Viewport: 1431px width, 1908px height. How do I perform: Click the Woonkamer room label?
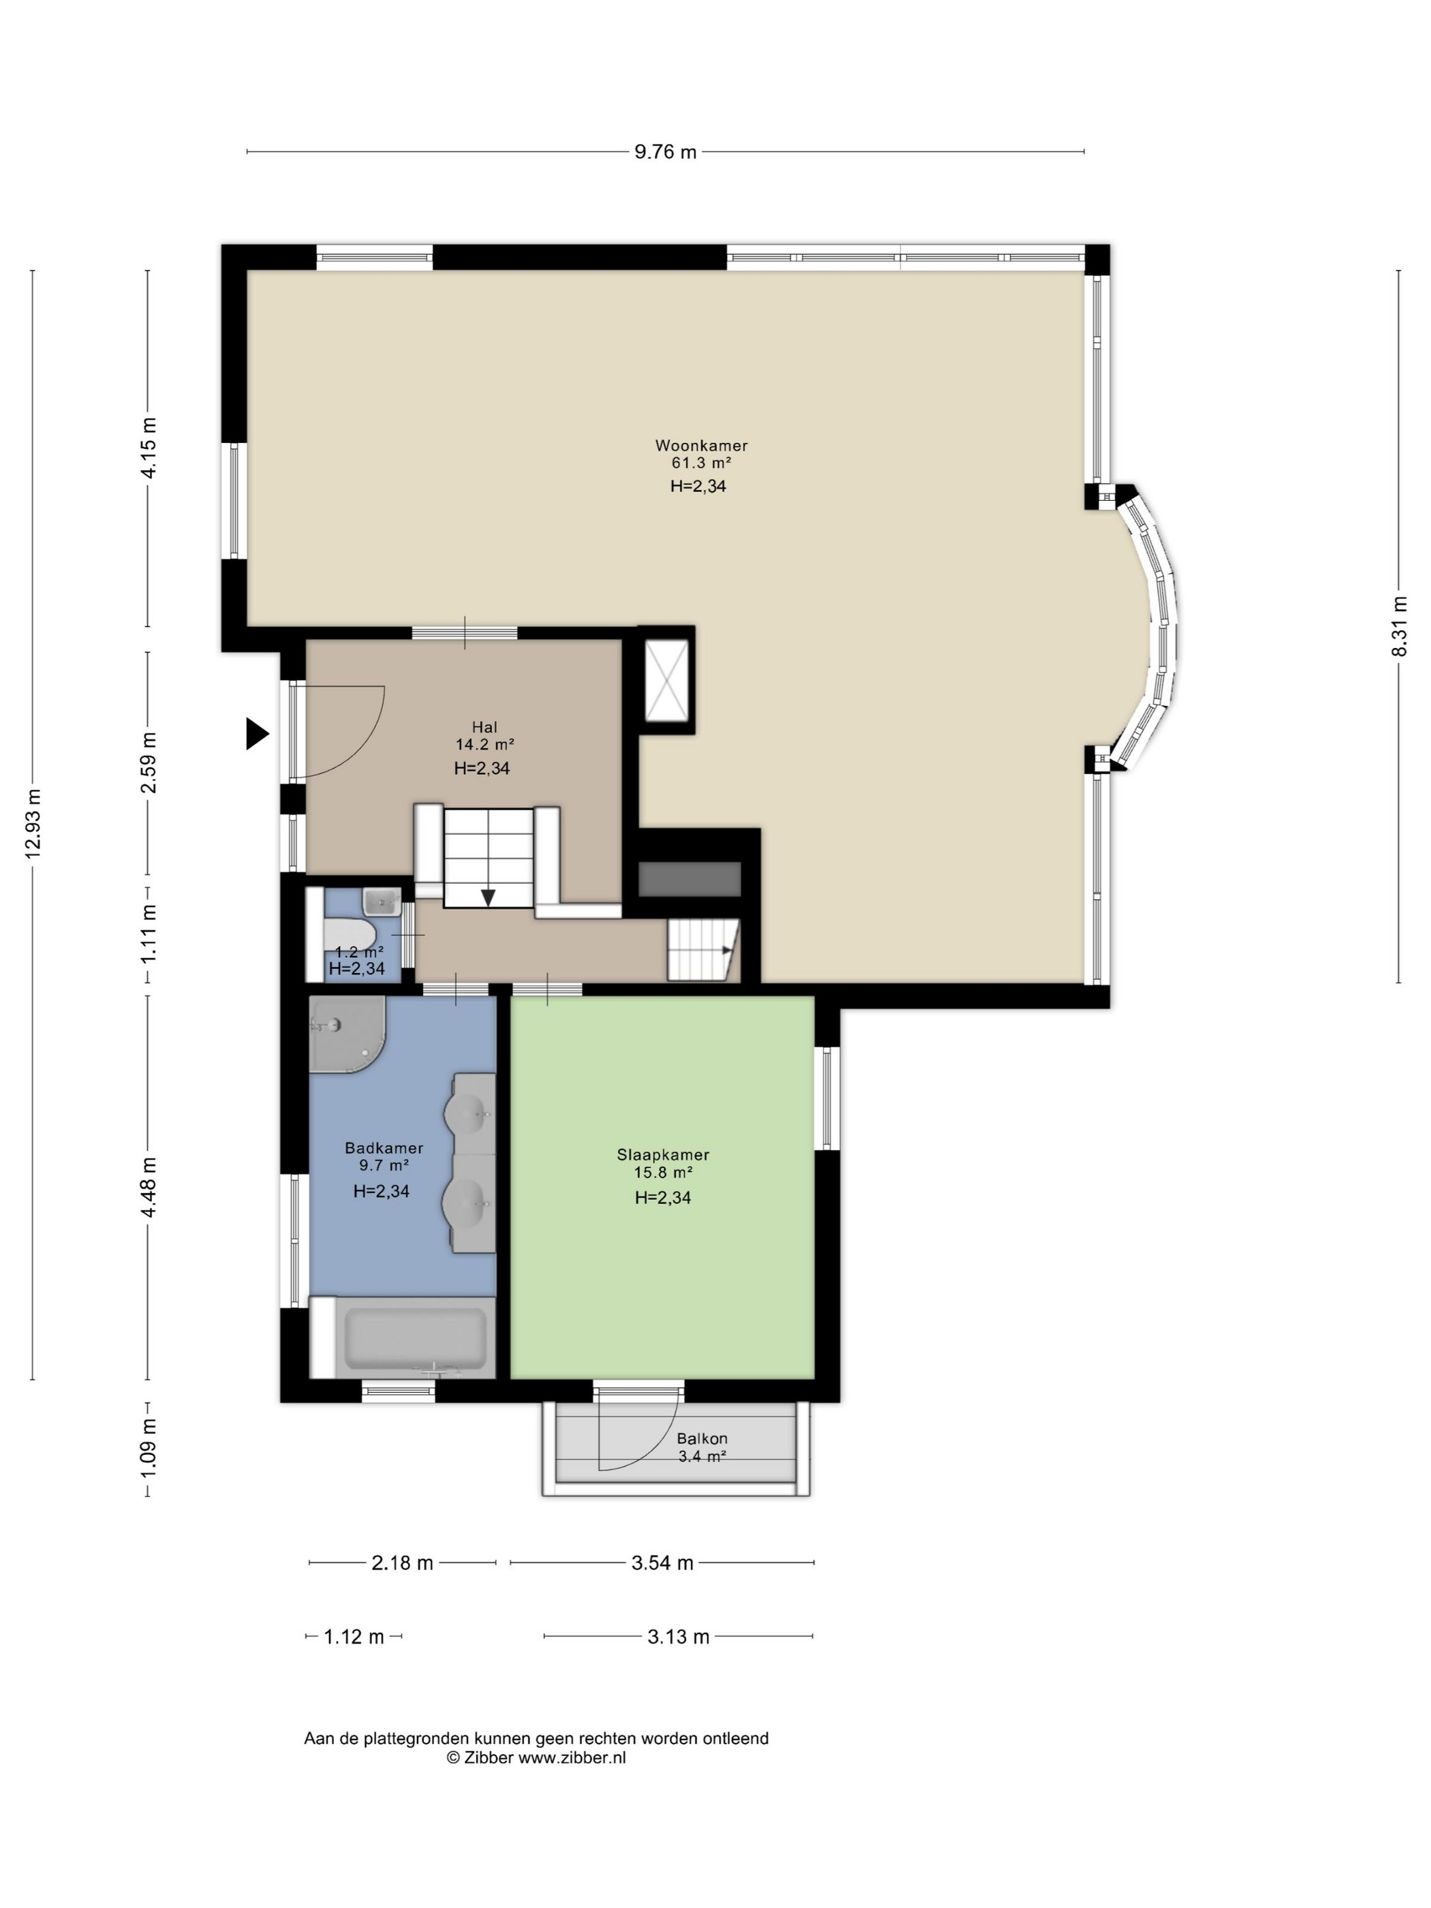pos(701,446)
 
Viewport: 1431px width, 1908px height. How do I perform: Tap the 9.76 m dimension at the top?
pos(665,153)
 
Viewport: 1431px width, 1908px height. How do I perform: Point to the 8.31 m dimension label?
pos(1398,626)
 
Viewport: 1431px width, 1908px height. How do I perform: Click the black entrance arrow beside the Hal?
pos(257,733)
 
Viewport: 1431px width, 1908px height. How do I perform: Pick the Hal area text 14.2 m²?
pos(484,743)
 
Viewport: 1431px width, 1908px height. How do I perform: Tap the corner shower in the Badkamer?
pos(343,1033)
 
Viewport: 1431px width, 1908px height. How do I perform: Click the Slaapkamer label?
pos(662,1154)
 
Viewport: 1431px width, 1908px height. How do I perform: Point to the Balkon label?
pos(702,1438)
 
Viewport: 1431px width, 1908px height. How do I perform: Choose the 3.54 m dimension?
pos(662,1562)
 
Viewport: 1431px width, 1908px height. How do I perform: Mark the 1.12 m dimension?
pos(354,1636)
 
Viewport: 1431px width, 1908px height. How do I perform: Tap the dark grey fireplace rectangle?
pos(689,879)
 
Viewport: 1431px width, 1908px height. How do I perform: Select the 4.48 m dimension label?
pos(149,1187)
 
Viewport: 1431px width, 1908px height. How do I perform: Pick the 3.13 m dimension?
pos(678,1636)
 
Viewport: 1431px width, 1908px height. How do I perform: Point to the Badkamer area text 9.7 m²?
pos(384,1165)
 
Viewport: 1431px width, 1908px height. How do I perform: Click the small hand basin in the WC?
pos(380,902)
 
